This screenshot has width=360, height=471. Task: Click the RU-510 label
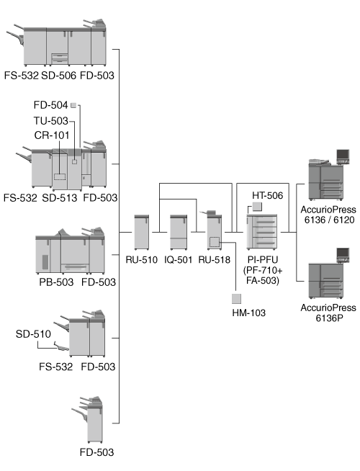pyautogui.click(x=141, y=259)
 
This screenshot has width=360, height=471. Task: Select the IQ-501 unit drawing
pyautogui.click(x=179, y=232)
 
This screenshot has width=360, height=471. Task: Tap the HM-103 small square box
pyautogui.click(x=236, y=299)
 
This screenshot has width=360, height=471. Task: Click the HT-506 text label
pyautogui.click(x=267, y=196)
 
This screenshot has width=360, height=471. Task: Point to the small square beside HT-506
pyautogui.click(x=257, y=207)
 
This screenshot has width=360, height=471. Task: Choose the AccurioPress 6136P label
pyautogui.click(x=328, y=313)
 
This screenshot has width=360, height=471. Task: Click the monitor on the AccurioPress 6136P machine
pyautogui.click(x=343, y=256)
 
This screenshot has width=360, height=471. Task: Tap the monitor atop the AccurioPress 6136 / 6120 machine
pyautogui.click(x=343, y=156)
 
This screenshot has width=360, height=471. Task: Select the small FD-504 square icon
pyautogui.click(x=73, y=105)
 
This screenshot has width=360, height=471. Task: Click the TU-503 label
pyautogui.click(x=50, y=121)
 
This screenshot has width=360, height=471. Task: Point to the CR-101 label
pyautogui.click(x=52, y=135)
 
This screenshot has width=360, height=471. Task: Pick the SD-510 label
pyautogui.click(x=33, y=334)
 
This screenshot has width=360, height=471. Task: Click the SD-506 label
pyautogui.click(x=58, y=76)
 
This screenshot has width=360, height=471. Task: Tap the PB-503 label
pyautogui.click(x=56, y=282)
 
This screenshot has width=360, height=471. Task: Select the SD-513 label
pyautogui.click(x=60, y=198)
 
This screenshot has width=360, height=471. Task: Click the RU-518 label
pyautogui.click(x=214, y=259)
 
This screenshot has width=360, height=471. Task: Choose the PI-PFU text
pyautogui.click(x=263, y=259)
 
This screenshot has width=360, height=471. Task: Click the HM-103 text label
pyautogui.click(x=248, y=313)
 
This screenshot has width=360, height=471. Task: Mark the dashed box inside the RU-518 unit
pyautogui.click(x=215, y=242)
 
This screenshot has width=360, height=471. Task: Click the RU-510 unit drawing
pyautogui.click(x=142, y=232)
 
